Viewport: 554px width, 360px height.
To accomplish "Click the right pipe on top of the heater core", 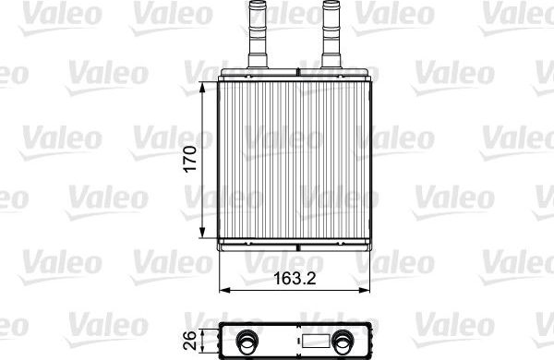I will (331, 37).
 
